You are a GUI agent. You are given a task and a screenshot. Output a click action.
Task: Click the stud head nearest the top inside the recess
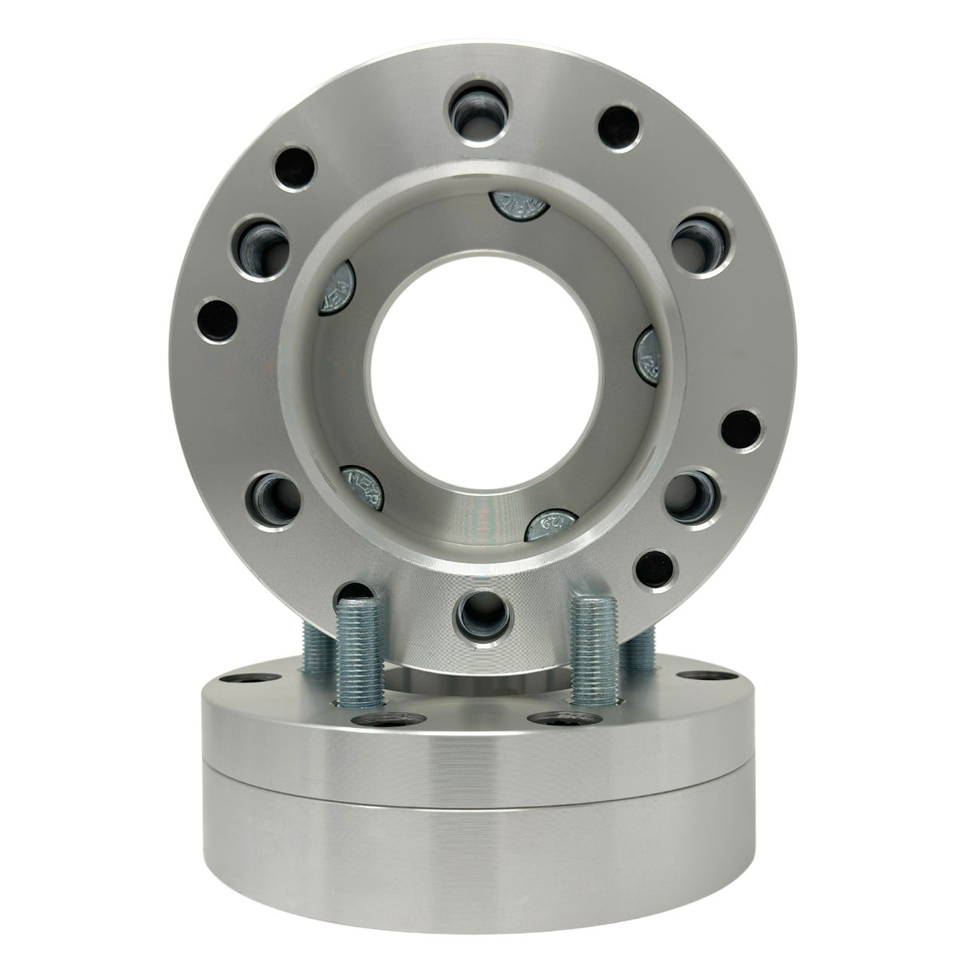(x=511, y=210)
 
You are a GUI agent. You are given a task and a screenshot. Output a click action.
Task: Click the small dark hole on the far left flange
(x=216, y=320)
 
